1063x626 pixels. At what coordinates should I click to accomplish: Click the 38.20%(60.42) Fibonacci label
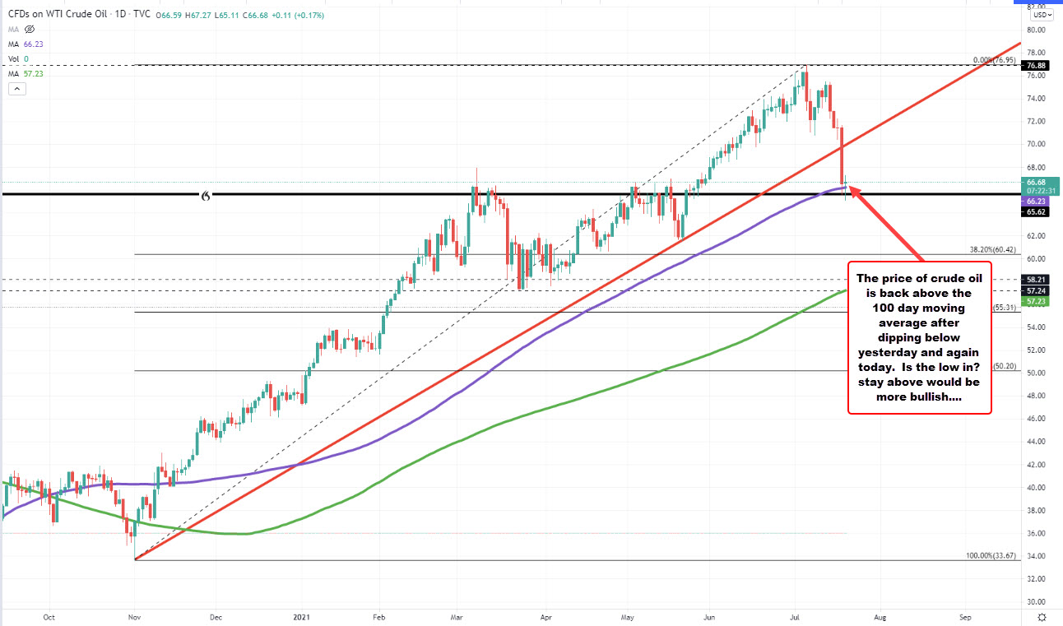click(995, 248)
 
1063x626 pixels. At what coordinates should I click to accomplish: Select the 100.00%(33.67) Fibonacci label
click(992, 555)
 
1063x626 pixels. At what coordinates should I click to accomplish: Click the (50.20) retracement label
click(1006, 366)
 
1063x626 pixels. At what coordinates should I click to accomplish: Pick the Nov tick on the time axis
click(133, 615)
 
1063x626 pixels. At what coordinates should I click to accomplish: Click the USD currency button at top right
click(1041, 14)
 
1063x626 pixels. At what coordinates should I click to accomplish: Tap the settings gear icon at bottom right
click(1042, 616)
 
